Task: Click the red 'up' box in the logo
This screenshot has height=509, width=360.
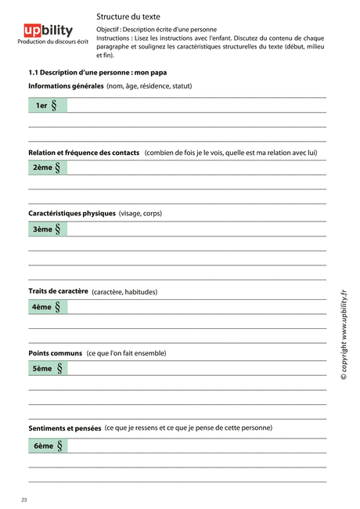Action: click(x=34, y=31)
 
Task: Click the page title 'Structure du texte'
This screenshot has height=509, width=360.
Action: click(x=128, y=16)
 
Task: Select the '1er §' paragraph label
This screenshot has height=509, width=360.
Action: click(x=47, y=105)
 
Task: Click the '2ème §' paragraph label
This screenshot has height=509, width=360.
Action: click(x=47, y=168)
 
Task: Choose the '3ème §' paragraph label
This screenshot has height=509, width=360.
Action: click(x=47, y=229)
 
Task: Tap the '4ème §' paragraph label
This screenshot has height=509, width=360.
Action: click(x=47, y=307)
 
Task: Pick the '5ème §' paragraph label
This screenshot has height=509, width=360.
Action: click(x=47, y=368)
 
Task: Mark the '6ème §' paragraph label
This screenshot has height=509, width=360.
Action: click(x=47, y=446)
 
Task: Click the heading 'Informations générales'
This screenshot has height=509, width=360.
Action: click(x=66, y=86)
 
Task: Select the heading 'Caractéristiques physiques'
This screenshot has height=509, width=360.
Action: click(x=72, y=213)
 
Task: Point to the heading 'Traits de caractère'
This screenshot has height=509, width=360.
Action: click(x=58, y=291)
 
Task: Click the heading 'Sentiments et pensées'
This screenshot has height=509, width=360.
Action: click(x=65, y=428)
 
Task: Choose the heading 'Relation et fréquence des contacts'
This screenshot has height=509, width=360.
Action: click(x=84, y=153)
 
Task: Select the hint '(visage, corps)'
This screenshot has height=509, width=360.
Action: click(x=141, y=213)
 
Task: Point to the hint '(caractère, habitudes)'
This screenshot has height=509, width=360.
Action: click(x=124, y=292)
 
